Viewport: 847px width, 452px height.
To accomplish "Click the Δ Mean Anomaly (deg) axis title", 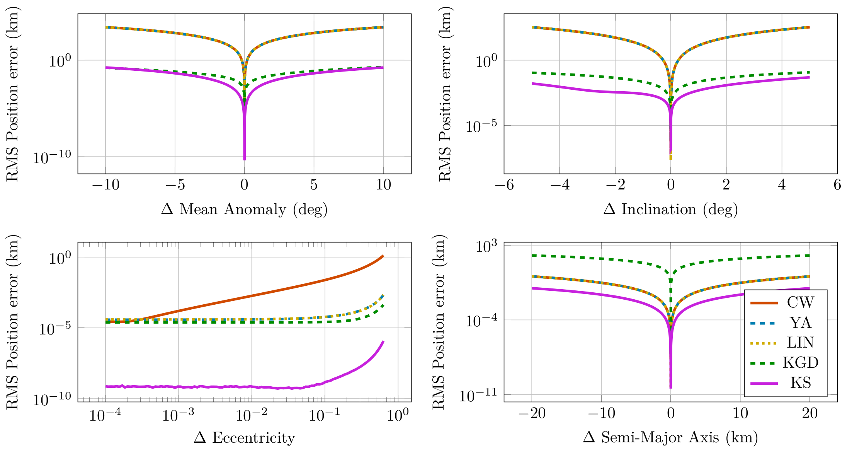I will click(x=244, y=209).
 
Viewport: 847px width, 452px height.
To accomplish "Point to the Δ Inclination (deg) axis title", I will click(x=670, y=209).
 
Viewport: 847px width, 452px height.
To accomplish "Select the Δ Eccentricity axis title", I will click(x=244, y=438).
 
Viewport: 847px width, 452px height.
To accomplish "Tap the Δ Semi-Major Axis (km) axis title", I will click(x=670, y=438).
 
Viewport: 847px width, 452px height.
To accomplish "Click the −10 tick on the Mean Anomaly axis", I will click(x=105, y=185).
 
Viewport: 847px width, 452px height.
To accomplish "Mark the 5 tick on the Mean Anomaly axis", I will click(x=314, y=185).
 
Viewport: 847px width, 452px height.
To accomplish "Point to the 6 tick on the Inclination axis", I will click(x=837, y=185).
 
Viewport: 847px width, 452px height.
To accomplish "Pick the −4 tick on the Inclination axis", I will click(x=560, y=185).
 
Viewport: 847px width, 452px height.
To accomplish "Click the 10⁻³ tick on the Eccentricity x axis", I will click(x=178, y=415).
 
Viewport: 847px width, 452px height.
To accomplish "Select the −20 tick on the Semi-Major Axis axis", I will click(x=532, y=413).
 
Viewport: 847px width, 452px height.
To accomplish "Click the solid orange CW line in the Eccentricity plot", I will click(x=252, y=296).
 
